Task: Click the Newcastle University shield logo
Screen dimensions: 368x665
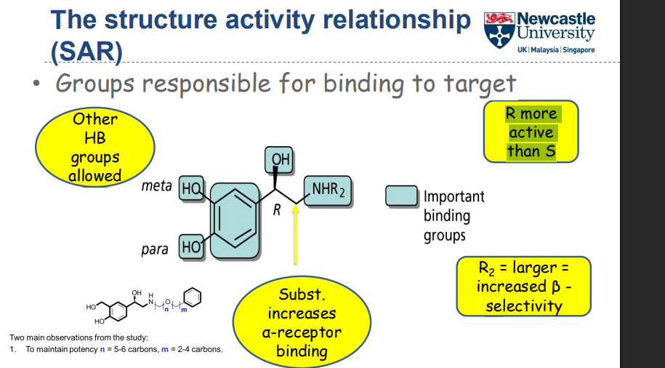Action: click(x=498, y=31)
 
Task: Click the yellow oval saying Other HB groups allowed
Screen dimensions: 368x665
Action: click(x=94, y=148)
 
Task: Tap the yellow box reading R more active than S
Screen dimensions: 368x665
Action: click(x=531, y=132)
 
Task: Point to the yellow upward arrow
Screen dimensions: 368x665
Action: click(x=295, y=233)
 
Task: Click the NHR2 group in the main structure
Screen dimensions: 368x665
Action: click(x=328, y=190)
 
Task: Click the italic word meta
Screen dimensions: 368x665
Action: click(x=156, y=186)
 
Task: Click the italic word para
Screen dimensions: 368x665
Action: click(x=154, y=249)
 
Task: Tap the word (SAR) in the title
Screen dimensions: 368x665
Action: click(x=86, y=50)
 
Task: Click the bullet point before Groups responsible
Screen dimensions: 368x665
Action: click(x=36, y=84)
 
